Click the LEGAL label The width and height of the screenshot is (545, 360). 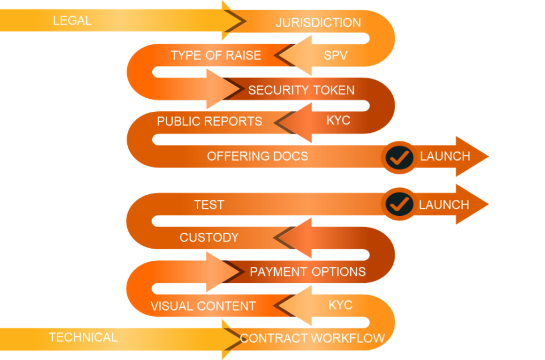72,21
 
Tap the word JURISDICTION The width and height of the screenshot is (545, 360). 318,23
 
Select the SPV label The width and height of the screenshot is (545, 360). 336,55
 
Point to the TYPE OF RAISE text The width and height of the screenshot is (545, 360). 216,55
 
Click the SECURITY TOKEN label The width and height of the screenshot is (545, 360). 301,90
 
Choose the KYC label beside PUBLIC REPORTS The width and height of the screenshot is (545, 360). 338,120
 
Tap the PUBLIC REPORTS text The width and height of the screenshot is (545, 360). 209,122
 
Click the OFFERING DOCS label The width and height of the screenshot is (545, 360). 257,156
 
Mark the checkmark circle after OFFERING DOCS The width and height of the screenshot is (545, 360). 400,157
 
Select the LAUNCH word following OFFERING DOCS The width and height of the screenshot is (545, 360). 445,156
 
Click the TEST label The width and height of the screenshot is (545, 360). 209,204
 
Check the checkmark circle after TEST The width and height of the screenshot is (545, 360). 400,204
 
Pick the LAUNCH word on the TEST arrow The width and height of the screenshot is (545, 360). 444,204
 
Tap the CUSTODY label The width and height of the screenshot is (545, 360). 209,237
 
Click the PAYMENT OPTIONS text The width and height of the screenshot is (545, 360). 308,271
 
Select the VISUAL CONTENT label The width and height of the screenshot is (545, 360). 203,306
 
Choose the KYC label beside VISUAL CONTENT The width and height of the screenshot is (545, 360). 341,305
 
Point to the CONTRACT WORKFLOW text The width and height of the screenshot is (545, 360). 312,338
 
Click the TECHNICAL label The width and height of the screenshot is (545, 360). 83,337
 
